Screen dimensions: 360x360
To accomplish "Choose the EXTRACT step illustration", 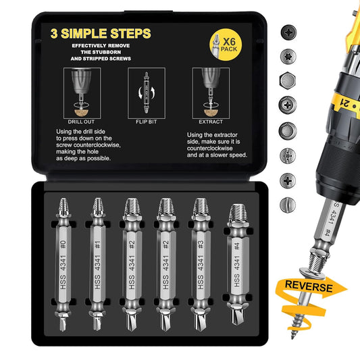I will [207, 88].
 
